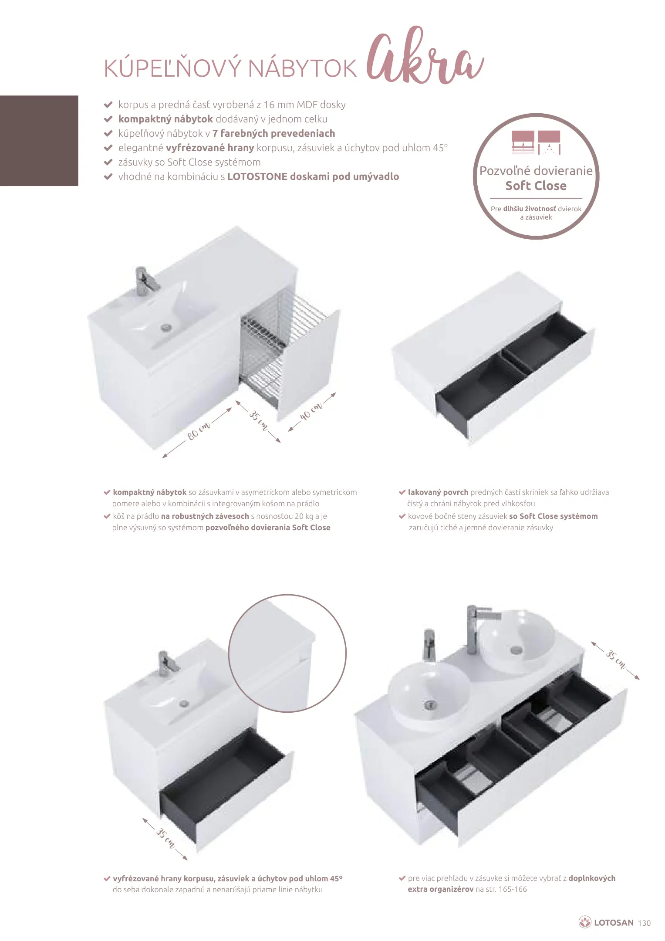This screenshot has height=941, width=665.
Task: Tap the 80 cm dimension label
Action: tap(199, 430)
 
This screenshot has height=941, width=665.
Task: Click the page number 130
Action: tap(644, 923)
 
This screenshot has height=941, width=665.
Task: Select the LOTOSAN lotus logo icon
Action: tap(584, 922)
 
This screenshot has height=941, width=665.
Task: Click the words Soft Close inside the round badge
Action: tap(536, 186)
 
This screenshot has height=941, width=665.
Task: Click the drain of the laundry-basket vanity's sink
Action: tap(166, 328)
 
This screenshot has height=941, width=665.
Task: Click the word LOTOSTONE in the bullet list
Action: tap(257, 176)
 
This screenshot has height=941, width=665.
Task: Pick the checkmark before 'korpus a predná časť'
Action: tap(108, 105)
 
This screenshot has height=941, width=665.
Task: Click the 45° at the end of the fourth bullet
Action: tap(440, 148)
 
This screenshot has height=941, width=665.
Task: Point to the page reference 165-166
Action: tap(513, 889)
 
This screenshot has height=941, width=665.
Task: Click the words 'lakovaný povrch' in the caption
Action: tap(438, 492)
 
